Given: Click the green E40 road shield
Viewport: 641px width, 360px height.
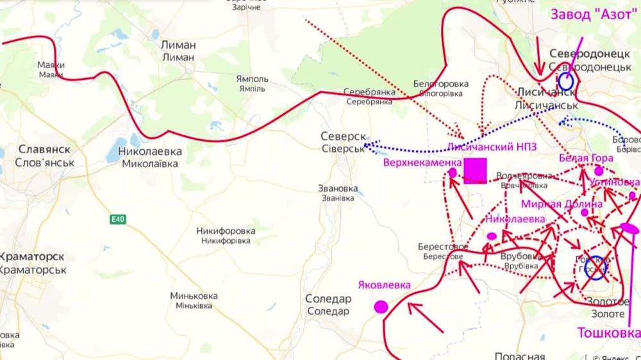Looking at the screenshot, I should [x=117, y=220].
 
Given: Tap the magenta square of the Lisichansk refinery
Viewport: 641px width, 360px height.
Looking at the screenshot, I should [x=476, y=170].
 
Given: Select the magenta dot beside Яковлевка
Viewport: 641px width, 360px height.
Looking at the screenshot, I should [x=381, y=307].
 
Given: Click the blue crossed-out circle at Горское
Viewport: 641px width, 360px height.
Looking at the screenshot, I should [x=596, y=268].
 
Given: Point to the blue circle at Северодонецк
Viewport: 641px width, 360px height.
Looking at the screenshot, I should [x=565, y=81].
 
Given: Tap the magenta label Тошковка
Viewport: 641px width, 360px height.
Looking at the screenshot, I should [x=608, y=333].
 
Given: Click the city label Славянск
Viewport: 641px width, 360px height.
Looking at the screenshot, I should [x=44, y=149].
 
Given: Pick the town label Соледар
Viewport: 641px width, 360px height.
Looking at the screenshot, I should [x=328, y=299].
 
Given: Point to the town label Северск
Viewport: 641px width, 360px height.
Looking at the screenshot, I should [x=343, y=136].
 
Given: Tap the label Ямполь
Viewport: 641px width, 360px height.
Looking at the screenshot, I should [x=253, y=79].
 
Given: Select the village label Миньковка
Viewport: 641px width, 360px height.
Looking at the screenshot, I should [x=194, y=296].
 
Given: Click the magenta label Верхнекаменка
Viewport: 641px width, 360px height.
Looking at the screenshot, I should [x=422, y=162].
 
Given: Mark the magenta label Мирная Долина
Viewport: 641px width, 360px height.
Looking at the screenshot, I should [x=562, y=204].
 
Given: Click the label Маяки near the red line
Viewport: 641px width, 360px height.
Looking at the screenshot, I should [x=51, y=65].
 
